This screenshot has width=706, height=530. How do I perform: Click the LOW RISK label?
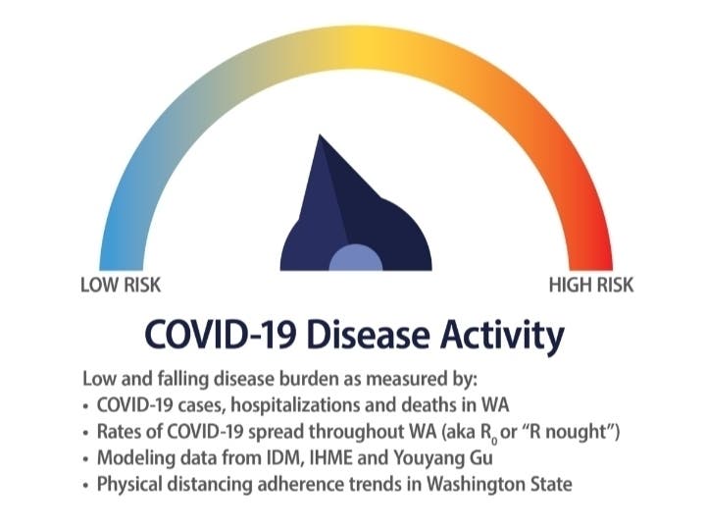point(121,286)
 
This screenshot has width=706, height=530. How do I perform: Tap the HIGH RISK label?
point(591,286)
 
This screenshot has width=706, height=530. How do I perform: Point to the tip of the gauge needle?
point(321,137)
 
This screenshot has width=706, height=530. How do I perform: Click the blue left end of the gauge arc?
point(117,245)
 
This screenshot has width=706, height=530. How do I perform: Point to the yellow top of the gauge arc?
point(358,43)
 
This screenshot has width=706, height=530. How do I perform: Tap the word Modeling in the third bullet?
point(130,456)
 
